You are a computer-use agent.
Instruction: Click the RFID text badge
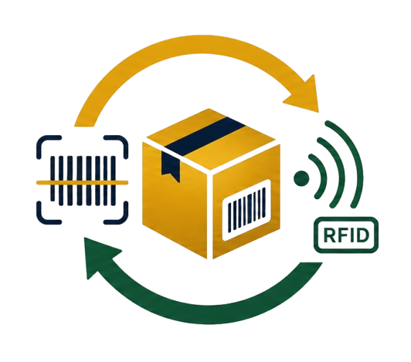click(346, 235)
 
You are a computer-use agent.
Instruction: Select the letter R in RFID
click(329, 235)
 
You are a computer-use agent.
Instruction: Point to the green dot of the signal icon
click(301, 178)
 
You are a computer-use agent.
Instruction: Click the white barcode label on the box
click(246, 210)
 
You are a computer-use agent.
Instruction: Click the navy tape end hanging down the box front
click(171, 166)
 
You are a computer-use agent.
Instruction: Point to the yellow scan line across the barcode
click(82, 183)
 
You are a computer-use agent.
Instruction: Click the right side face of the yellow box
click(246, 201)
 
